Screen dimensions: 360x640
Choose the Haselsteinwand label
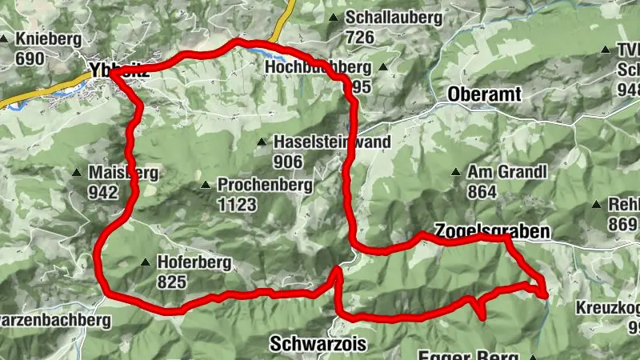click(332, 142)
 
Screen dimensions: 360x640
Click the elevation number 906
click(288, 162)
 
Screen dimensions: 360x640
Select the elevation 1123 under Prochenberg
click(237, 205)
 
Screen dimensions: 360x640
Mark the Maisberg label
click(114, 173)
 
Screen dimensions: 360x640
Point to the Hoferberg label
click(194, 262)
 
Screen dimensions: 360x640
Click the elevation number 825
click(172, 282)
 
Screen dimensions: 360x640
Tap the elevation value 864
click(483, 192)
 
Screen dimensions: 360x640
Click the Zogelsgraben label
click(492, 231)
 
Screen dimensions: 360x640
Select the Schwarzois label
click(318, 344)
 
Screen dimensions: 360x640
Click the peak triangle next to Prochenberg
click(206, 185)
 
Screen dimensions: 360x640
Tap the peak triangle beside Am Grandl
click(456, 172)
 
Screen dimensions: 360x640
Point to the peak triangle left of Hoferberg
click(145, 262)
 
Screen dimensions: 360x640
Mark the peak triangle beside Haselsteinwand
click(262, 142)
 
